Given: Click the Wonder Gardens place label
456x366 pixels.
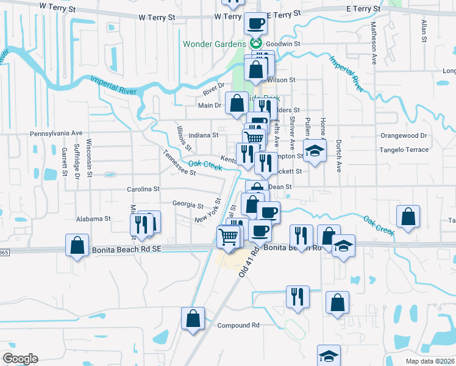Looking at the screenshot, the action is pos(216,44).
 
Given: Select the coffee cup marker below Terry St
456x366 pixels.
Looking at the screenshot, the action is pos(256,24).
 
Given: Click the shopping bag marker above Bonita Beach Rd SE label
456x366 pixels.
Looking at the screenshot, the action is pos(77,246).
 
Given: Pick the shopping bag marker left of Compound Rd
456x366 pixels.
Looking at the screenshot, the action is pos(193,318).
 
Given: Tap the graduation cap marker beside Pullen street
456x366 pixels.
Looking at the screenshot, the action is pos(315,152).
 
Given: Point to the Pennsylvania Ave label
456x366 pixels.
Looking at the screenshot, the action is pos(56,133).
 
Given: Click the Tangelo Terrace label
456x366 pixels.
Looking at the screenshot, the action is pos(404,149).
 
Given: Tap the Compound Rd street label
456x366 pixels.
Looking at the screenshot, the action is pos(239,325).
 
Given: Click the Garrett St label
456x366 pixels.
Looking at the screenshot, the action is pos(63,162).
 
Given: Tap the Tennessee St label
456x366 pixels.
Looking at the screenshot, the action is pos(179,163).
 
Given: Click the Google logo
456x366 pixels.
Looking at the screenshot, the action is pos(20,359).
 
